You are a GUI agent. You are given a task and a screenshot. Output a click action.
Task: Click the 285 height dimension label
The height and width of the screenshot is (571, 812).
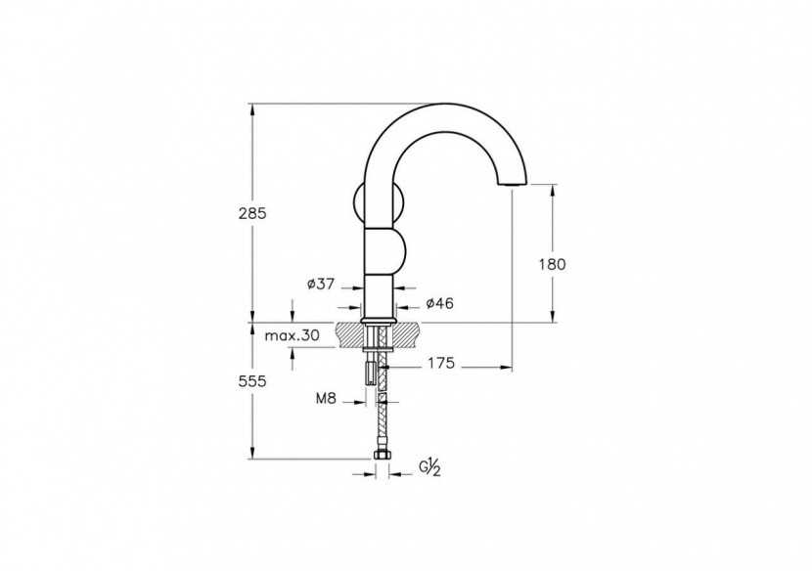tap(251, 212)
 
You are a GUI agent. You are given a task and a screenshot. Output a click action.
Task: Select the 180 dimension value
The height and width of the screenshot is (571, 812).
tap(552, 263)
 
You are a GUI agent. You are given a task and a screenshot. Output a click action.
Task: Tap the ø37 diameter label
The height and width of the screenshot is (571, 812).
tap(321, 284)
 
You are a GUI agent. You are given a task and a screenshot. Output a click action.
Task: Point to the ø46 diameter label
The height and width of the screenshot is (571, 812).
tap(439, 304)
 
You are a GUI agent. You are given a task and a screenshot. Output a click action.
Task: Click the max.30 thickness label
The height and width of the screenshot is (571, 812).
tap(293, 335)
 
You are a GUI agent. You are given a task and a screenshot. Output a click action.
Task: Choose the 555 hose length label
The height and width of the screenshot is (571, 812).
tap(251, 382)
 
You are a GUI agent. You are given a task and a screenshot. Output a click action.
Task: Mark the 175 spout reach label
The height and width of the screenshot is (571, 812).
tap(441, 365)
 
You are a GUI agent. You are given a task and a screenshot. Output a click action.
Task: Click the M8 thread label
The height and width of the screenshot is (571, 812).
tap(327, 399)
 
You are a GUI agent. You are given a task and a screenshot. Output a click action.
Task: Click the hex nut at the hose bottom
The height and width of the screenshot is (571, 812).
tap(382, 458)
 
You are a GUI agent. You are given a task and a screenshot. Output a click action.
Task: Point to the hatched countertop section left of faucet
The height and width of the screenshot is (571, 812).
tap(349, 334)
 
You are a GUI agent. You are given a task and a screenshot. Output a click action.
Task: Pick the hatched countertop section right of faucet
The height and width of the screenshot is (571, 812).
tap(408, 334)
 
